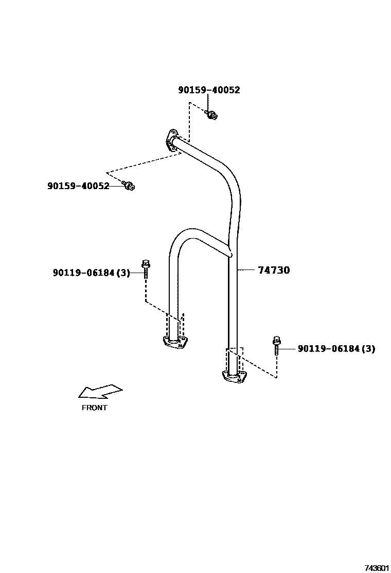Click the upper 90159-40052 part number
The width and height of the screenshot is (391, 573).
pos(209,90)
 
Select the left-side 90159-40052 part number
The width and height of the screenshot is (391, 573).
pos(78,186)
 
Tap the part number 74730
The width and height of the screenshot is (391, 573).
pos(273,270)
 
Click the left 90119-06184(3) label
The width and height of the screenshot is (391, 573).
pos(92,273)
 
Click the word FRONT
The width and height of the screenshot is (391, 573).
pos(95,408)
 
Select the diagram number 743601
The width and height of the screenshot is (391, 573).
pos(377,568)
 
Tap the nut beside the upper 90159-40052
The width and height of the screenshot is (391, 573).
pos(211,115)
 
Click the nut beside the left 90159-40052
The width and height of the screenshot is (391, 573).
pos(129,185)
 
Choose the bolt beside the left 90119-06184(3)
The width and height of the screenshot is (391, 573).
pos(146,269)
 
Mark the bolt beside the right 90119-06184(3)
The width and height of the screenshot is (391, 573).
pos(277,345)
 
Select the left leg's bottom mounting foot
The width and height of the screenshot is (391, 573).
pos(175,342)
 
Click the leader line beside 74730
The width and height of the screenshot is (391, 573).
pos(247,270)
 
